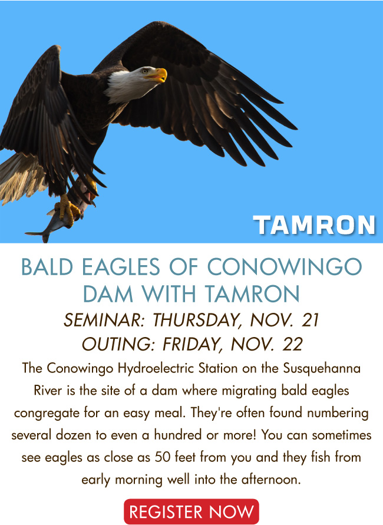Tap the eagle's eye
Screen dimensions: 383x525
tap(144, 71)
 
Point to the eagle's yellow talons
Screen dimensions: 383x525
tap(68, 207)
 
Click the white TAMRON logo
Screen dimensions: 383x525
tap(315, 225)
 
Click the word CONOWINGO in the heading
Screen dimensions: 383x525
tap(285, 268)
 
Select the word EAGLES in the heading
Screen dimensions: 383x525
tap(121, 268)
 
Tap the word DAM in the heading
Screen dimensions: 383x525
tap(108, 294)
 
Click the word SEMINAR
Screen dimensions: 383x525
tap(104, 320)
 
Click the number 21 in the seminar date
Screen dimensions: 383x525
tap(310, 320)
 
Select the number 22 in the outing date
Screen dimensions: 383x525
tap(292, 345)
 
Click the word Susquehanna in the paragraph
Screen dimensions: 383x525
tap(322, 369)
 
